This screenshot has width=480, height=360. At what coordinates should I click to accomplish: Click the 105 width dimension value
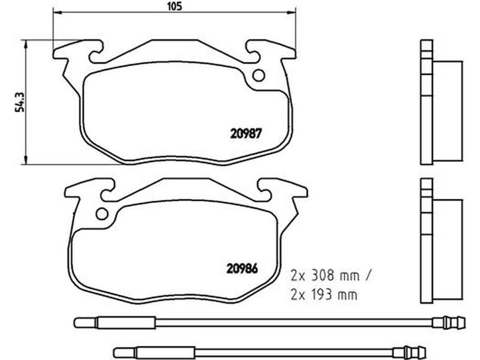pos(175,6)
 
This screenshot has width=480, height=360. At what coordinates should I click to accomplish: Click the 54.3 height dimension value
pos(20,102)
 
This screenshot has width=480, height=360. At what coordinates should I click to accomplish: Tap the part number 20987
pos(246,133)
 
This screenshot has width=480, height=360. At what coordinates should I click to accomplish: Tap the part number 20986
pos(242,268)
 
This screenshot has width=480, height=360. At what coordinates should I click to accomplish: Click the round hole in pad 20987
pos(259,76)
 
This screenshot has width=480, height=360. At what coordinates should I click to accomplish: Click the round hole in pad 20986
pos(102,214)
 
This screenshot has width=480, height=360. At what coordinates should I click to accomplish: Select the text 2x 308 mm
pos(325,276)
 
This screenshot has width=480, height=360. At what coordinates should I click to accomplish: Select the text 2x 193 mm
pos(324,295)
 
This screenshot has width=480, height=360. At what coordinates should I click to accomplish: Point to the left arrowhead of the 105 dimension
pos(58,12)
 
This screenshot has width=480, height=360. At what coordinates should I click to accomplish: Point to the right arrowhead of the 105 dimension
pos(292,12)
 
